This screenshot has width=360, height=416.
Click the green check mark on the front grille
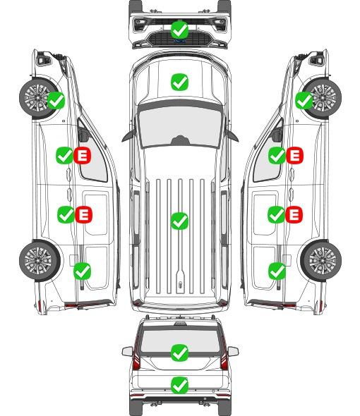click(x=179, y=30)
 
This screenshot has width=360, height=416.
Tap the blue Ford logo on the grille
click(x=179, y=41)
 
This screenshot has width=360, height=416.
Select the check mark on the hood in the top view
click(x=179, y=82)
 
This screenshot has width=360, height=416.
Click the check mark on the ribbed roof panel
click(x=179, y=221)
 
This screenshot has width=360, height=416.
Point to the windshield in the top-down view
click(x=180, y=126)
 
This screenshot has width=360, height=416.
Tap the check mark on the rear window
click(x=179, y=353)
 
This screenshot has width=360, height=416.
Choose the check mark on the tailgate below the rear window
click(x=179, y=385)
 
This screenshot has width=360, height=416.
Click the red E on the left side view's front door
click(x=83, y=155)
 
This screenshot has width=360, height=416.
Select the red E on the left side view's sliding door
click(x=84, y=214)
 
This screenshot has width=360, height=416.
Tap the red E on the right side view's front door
click(x=294, y=155)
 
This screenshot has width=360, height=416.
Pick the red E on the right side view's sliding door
click(x=294, y=214)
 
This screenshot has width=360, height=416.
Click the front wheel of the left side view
click(x=37, y=97)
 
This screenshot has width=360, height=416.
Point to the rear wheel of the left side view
click(x=39, y=260)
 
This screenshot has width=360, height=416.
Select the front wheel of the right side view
click(x=323, y=97)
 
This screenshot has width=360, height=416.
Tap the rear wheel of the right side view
click(x=321, y=260)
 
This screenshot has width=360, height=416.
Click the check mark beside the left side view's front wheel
click(x=56, y=100)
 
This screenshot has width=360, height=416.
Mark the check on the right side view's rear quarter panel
click(x=277, y=271)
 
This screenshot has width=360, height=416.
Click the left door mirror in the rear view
click(x=127, y=351)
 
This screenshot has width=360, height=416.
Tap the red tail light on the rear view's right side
click(x=224, y=354)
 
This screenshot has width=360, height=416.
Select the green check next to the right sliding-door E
click(x=276, y=214)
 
